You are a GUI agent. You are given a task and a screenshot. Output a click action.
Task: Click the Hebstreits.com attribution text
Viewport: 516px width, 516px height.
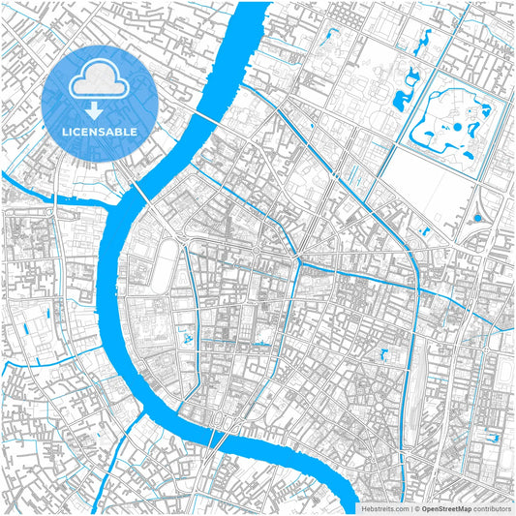[x=383, y=507]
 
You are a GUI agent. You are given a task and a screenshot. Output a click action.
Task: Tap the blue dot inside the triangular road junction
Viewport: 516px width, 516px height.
[x=477, y=219]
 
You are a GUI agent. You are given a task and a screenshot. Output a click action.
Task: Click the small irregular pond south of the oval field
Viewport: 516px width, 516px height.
[x=188, y=341]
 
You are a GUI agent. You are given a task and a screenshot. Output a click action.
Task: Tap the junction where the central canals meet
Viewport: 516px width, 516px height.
[x=299, y=261]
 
